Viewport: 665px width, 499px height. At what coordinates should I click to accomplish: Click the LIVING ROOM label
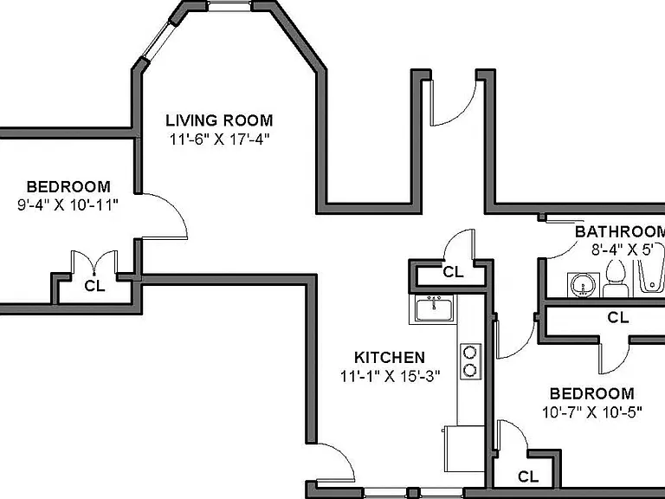pos(219,120)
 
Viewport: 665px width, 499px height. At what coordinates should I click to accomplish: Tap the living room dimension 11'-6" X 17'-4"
pos(220,139)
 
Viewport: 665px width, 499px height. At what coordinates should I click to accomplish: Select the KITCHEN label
pos(390,357)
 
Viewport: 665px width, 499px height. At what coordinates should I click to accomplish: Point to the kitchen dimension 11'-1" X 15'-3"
pos(391,376)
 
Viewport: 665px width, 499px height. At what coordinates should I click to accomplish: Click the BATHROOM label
pos(620,231)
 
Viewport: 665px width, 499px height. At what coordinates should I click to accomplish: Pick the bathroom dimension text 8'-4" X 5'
pos(622,249)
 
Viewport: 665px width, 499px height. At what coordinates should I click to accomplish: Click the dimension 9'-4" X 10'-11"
pos(68,205)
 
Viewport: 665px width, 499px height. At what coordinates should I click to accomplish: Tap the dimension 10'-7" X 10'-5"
pos(592,412)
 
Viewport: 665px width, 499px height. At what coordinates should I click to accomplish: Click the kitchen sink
pos(434,309)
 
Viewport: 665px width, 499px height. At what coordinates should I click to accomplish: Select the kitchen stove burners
pos(470,361)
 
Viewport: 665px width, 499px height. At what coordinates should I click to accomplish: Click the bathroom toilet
pos(616,278)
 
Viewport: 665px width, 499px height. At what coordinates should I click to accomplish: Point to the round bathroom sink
pos(583,284)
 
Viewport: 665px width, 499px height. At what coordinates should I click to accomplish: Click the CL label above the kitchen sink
pos(453,272)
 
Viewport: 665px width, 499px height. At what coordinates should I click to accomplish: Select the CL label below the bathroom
pos(618,317)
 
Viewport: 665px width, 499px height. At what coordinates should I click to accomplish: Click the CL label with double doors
pos(94,287)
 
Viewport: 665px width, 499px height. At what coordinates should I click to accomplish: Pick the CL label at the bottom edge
pos(528,477)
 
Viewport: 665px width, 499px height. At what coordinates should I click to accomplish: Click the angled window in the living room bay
pos(158,41)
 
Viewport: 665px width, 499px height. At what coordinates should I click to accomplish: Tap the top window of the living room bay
pos(229,6)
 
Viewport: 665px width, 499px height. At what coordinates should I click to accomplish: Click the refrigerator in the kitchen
pos(464,449)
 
